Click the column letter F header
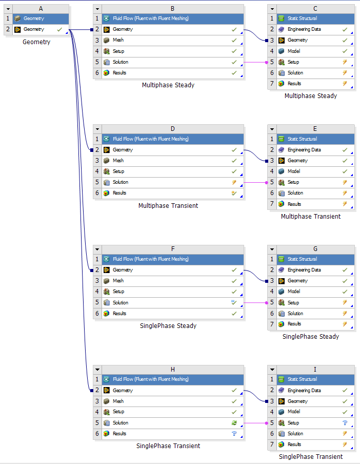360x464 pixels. tap(173, 249)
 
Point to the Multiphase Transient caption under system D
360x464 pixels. tap(168, 206)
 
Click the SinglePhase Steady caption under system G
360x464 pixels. tap(311, 337)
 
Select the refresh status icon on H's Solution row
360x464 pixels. tap(234, 423)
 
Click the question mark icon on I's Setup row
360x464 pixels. tap(345, 423)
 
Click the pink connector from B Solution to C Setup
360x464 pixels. tap(255, 62)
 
